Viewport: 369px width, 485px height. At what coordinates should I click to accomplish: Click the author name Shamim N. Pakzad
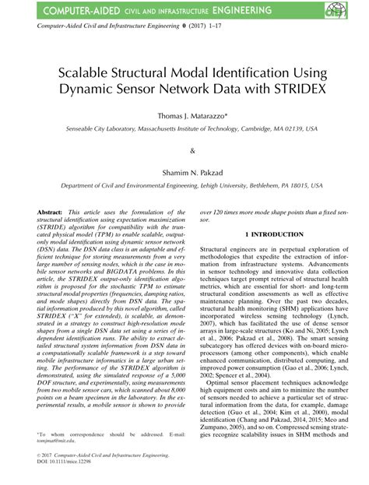(x=184, y=174)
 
